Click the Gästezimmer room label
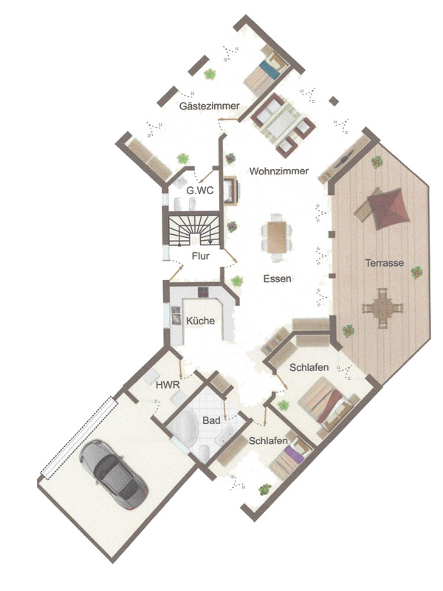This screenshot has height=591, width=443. (x=209, y=106)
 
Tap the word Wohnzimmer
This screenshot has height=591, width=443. (x=279, y=171)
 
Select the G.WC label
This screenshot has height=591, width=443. (x=199, y=191)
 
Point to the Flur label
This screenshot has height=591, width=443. (x=200, y=256)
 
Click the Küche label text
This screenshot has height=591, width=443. (x=200, y=321)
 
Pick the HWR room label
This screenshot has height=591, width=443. (x=168, y=385)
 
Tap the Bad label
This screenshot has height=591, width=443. (x=211, y=420)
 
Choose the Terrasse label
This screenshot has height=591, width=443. (x=384, y=263)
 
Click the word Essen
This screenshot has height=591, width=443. (x=277, y=279)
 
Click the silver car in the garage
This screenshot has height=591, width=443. (x=114, y=474)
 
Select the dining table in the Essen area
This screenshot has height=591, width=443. (x=277, y=237)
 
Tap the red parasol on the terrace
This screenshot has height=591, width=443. (x=388, y=208)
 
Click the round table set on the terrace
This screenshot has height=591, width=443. (x=382, y=308)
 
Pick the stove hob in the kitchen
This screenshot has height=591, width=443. (x=204, y=292)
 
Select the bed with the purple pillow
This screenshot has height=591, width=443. (x=291, y=458)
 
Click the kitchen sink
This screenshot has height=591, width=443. (x=176, y=315)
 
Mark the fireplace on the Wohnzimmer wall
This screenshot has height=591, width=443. (x=231, y=191)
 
